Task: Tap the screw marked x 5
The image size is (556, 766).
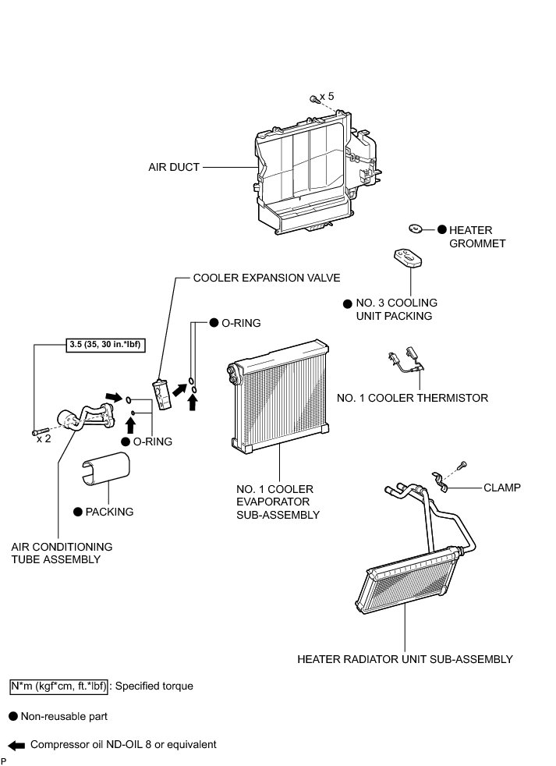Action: coord(313,99)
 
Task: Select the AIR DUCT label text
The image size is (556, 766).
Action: coord(174,167)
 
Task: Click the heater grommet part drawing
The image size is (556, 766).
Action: coord(416,229)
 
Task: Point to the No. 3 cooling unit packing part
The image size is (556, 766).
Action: coord(405,257)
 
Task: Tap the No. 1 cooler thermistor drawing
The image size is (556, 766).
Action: coord(406,360)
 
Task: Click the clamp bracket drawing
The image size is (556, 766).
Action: coord(441,481)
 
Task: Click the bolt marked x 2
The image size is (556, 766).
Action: coord(40,431)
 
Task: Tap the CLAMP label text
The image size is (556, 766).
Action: coord(501,488)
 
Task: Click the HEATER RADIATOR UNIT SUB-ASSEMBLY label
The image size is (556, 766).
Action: coord(405,659)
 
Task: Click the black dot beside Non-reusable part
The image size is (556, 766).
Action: coord(13,716)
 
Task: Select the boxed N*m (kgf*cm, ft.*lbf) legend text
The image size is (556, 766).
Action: coord(58,686)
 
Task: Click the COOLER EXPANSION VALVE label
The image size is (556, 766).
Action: coord(267,278)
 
